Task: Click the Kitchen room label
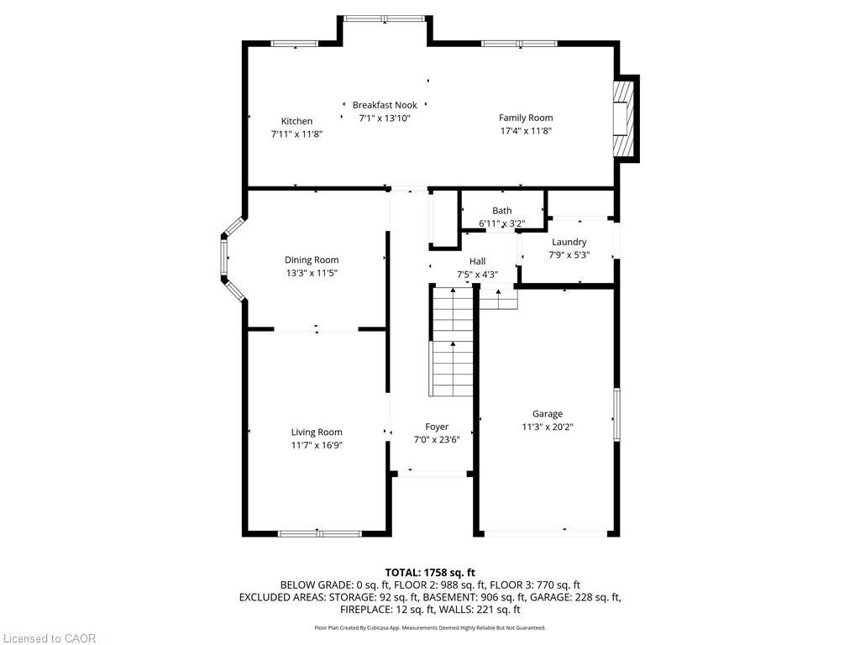click(x=296, y=121)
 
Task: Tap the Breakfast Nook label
click(x=385, y=105)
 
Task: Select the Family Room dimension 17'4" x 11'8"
click(x=526, y=131)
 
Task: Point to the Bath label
click(x=501, y=211)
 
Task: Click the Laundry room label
click(x=569, y=242)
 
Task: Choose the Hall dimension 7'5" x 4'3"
click(x=477, y=274)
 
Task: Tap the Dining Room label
click(x=312, y=260)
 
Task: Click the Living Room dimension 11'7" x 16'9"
click(x=317, y=445)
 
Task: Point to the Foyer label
click(x=437, y=427)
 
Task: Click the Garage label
click(x=547, y=413)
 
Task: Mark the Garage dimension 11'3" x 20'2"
click(x=547, y=427)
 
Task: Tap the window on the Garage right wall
click(x=616, y=414)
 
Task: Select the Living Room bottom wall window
click(x=319, y=533)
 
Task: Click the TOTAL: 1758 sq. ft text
click(x=430, y=572)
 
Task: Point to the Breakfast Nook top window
click(x=384, y=18)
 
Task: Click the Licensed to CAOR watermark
click(x=49, y=638)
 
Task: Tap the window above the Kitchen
click(x=294, y=43)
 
